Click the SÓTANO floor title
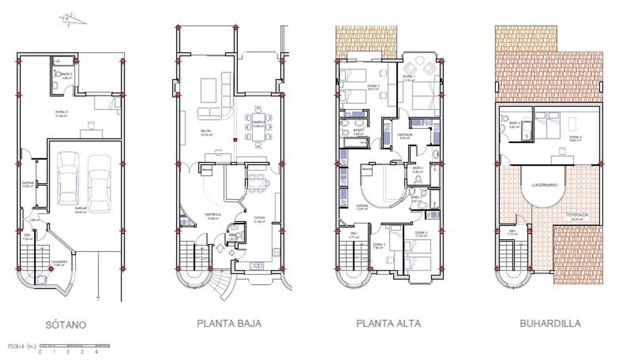point(66,325)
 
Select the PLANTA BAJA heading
point(229,323)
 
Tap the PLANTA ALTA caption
point(388,323)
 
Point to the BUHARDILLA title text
point(550,323)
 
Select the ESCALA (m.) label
point(22,346)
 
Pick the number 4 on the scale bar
point(96,352)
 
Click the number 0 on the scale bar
point(40,352)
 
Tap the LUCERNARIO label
point(544,185)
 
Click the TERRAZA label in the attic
point(577,215)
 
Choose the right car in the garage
point(100,183)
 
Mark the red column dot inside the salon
point(235,140)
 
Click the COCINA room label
point(259,218)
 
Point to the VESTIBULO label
point(212,215)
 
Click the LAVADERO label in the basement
point(59,262)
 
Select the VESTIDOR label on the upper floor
point(405,135)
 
